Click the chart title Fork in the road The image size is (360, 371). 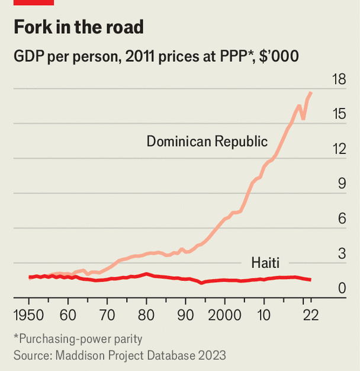click(x=79, y=28)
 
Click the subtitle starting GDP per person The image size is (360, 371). click(x=156, y=57)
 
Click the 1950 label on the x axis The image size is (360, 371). click(x=29, y=314)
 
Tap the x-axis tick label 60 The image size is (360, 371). click(x=68, y=314)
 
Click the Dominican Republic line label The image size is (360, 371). click(x=207, y=142)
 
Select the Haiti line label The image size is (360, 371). click(x=265, y=262)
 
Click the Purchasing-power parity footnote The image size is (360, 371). click(x=78, y=339)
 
